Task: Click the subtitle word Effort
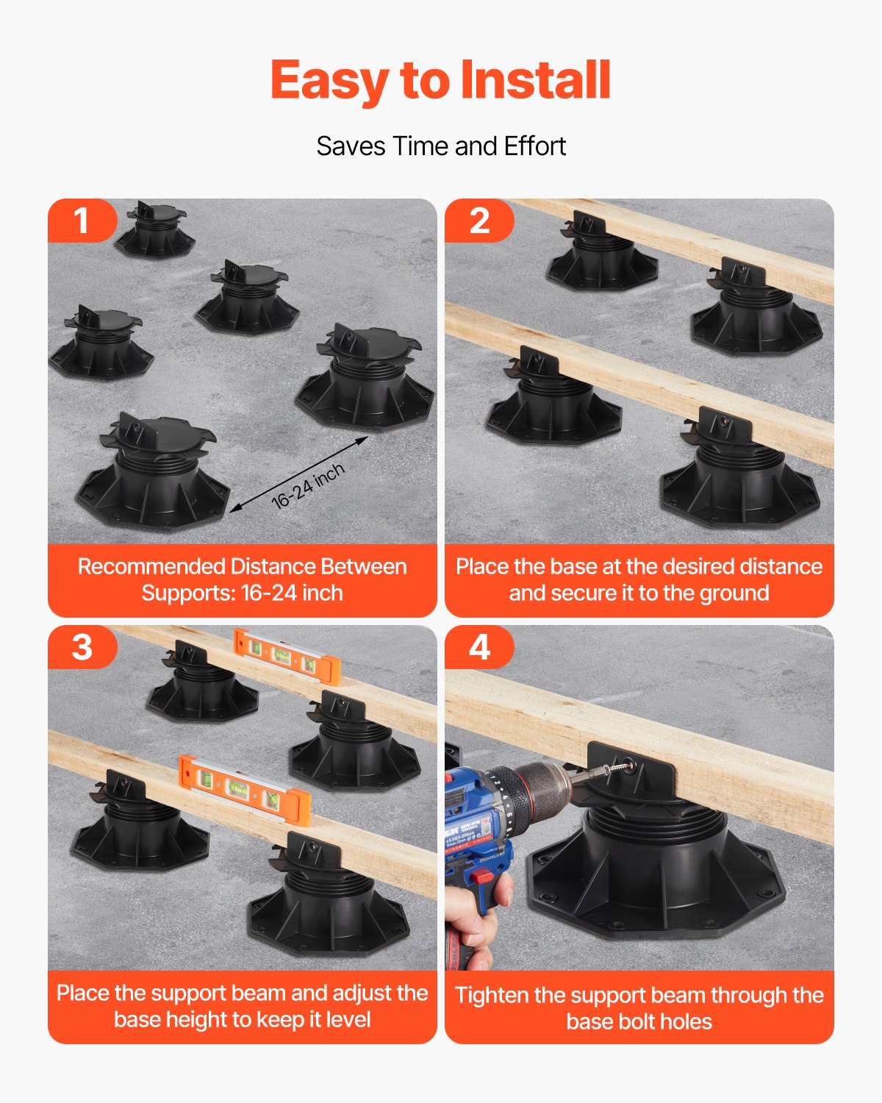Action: [x=534, y=146]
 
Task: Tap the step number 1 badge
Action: [x=82, y=221]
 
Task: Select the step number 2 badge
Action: [x=479, y=221]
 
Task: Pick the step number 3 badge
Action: [x=82, y=647]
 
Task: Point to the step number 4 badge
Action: [x=479, y=647]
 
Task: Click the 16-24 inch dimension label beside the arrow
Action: [x=308, y=486]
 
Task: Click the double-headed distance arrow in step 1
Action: [x=298, y=474]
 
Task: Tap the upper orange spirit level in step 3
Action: [x=287, y=656]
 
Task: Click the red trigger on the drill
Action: [x=481, y=877]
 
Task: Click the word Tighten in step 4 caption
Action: [x=492, y=996]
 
